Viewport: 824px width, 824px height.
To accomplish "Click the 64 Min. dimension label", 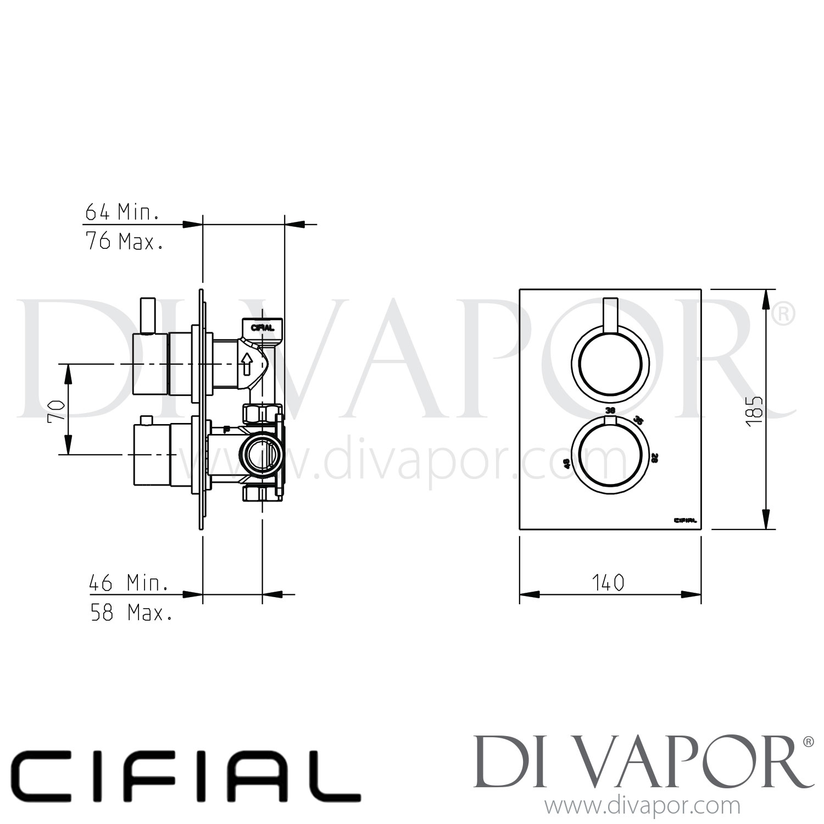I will click(122, 212).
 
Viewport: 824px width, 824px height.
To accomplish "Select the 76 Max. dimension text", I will click(124, 241).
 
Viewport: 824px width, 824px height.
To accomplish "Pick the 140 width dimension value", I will click(609, 582).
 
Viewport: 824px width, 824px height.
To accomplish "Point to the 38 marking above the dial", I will click(610, 410).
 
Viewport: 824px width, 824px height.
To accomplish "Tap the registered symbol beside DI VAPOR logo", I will click(808, 742).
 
